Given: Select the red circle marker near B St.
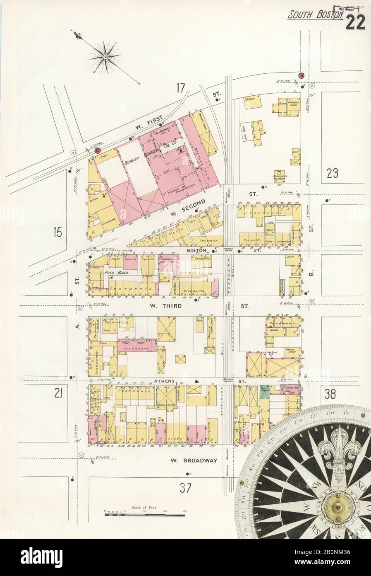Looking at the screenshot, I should tap(301, 75).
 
